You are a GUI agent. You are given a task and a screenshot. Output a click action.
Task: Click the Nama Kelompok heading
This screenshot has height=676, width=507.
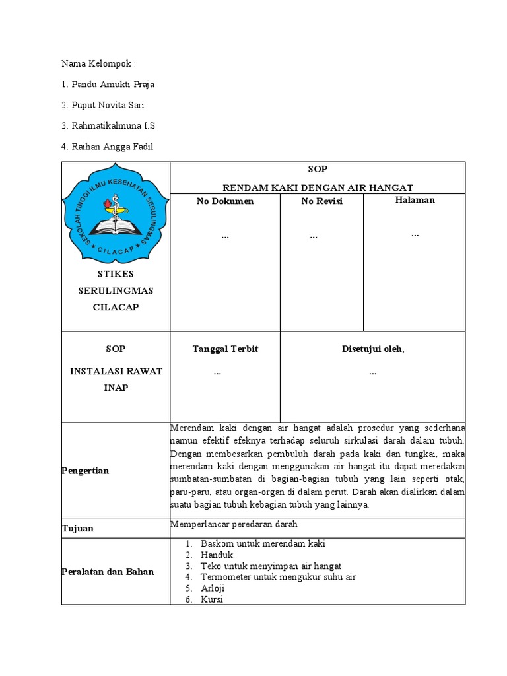point(98,64)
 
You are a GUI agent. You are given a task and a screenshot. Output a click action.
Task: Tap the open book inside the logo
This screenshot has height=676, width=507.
point(116,226)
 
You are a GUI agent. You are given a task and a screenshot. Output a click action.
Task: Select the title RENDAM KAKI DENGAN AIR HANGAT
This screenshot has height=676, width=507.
point(318,187)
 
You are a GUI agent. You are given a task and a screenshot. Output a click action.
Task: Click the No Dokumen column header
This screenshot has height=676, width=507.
point(225,201)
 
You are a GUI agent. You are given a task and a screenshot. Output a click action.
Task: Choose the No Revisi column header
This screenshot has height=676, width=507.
point(321,201)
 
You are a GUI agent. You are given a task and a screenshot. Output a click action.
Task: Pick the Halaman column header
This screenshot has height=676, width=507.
point(415,200)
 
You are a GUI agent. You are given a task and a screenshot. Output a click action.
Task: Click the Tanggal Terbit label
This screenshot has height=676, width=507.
point(225,349)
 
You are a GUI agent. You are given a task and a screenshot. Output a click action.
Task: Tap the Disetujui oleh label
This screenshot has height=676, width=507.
point(372,349)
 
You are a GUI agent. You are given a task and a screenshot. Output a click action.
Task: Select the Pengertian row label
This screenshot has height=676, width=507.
point(85,471)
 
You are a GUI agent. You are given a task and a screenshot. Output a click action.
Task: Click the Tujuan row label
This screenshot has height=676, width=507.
point(77,529)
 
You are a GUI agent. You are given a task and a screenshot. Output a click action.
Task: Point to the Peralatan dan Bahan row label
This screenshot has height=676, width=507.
point(108,572)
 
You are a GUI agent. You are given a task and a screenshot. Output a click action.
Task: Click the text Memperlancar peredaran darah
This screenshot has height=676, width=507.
point(234,524)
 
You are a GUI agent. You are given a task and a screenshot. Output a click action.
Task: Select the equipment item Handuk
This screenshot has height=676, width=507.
point(217,555)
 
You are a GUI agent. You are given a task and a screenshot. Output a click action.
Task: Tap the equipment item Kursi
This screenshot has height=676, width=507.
point(212,599)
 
